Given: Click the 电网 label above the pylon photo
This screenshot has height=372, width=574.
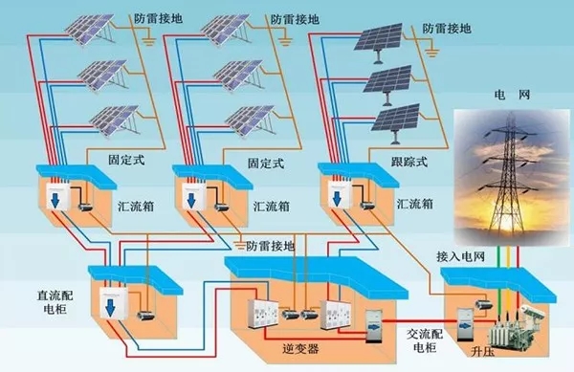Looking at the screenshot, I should click(x=503, y=98).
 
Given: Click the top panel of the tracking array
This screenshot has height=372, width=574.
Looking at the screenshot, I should click(x=383, y=38).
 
